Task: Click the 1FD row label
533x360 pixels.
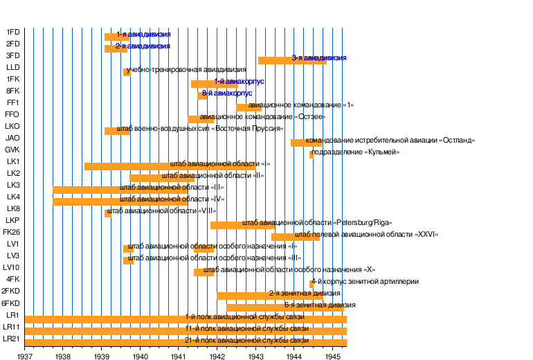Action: [12, 32]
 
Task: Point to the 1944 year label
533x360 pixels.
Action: [293, 357]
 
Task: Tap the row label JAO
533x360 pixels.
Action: [12, 138]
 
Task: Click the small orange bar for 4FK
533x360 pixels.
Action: [311, 284]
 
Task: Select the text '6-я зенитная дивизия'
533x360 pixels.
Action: [320, 305]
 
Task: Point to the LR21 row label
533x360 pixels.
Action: [11, 339]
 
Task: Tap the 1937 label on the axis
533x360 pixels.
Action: [26, 357]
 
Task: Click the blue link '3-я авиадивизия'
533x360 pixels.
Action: [318, 58]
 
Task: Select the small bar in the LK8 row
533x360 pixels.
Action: [107, 213]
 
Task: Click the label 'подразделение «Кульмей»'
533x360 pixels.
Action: [355, 152]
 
